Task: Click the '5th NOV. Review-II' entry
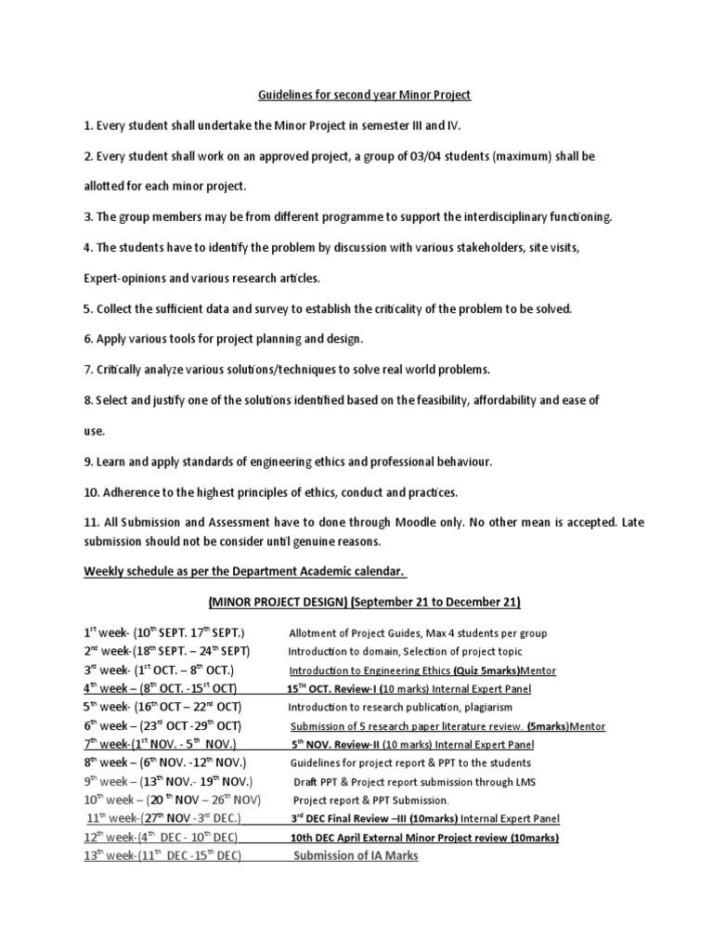[x=341, y=744]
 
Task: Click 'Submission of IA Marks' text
[x=356, y=856]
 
